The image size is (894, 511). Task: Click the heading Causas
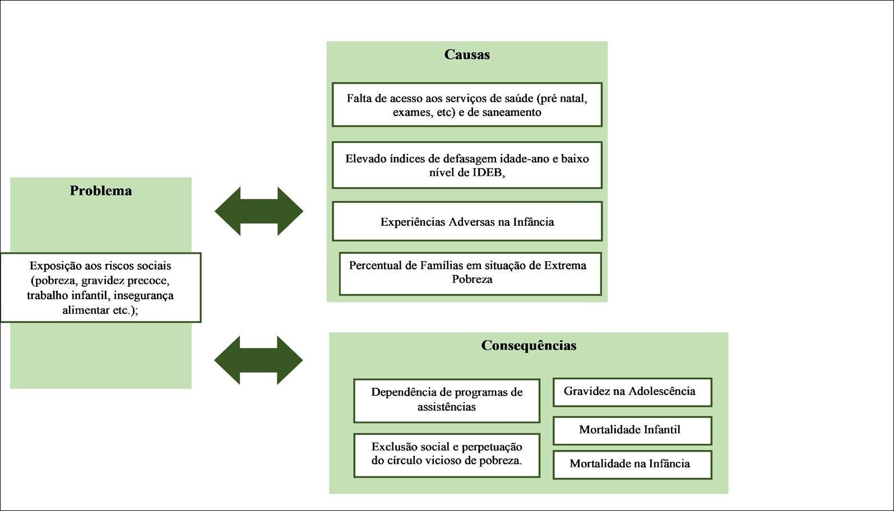(467, 55)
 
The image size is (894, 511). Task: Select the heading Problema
(101, 191)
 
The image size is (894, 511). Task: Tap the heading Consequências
(529, 346)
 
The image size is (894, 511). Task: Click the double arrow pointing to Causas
(259, 211)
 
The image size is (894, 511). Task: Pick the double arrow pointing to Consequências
(259, 360)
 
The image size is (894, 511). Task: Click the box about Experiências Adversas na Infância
(467, 222)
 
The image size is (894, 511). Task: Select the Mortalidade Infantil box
(632, 430)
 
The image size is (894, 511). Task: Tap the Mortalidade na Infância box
(632, 464)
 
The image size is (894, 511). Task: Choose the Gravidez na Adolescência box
(632, 392)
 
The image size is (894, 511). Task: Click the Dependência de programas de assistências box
(446, 400)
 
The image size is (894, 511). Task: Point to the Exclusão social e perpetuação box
(446, 454)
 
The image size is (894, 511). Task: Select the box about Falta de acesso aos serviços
(467, 105)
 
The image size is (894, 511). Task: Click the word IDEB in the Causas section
(487, 173)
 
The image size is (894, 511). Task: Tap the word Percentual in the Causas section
(374, 266)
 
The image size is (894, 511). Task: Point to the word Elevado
(365, 159)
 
